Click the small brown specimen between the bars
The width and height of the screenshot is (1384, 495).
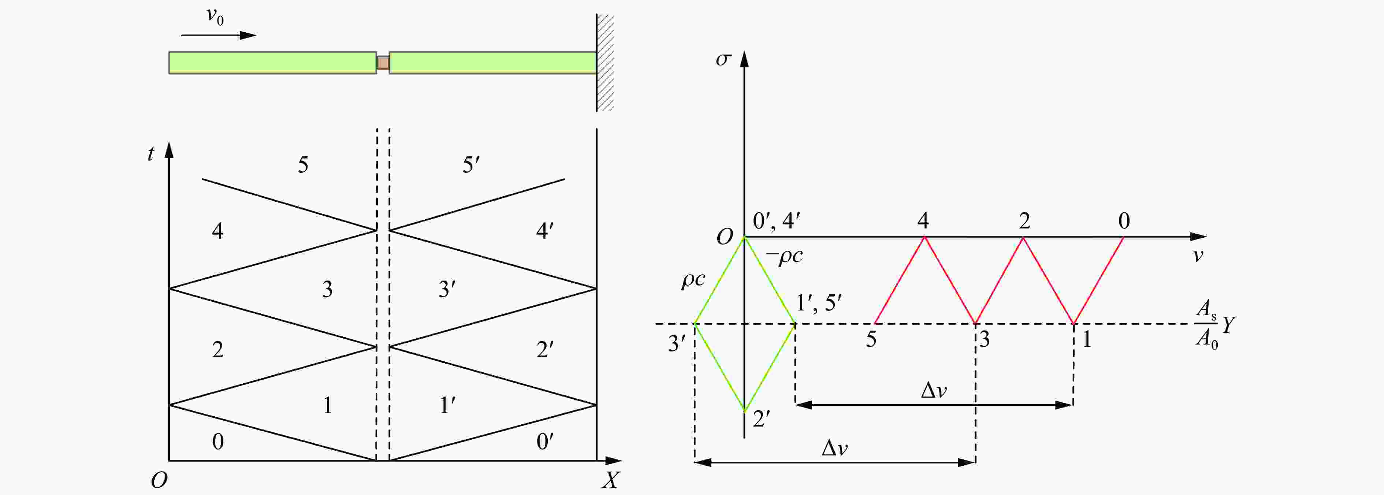point(383,63)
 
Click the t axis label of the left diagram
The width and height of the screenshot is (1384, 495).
point(151,154)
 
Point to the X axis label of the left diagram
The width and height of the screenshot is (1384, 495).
point(611,479)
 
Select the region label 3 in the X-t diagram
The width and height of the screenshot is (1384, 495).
point(327,290)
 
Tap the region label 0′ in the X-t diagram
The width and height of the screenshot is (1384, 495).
point(545,441)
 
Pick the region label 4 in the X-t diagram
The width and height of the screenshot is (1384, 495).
point(217,231)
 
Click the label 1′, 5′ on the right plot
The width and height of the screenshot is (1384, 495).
point(819,303)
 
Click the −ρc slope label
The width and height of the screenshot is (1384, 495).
point(784,256)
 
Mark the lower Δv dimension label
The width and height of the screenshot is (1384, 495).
point(835,448)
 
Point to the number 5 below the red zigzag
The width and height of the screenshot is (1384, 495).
point(871,339)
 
